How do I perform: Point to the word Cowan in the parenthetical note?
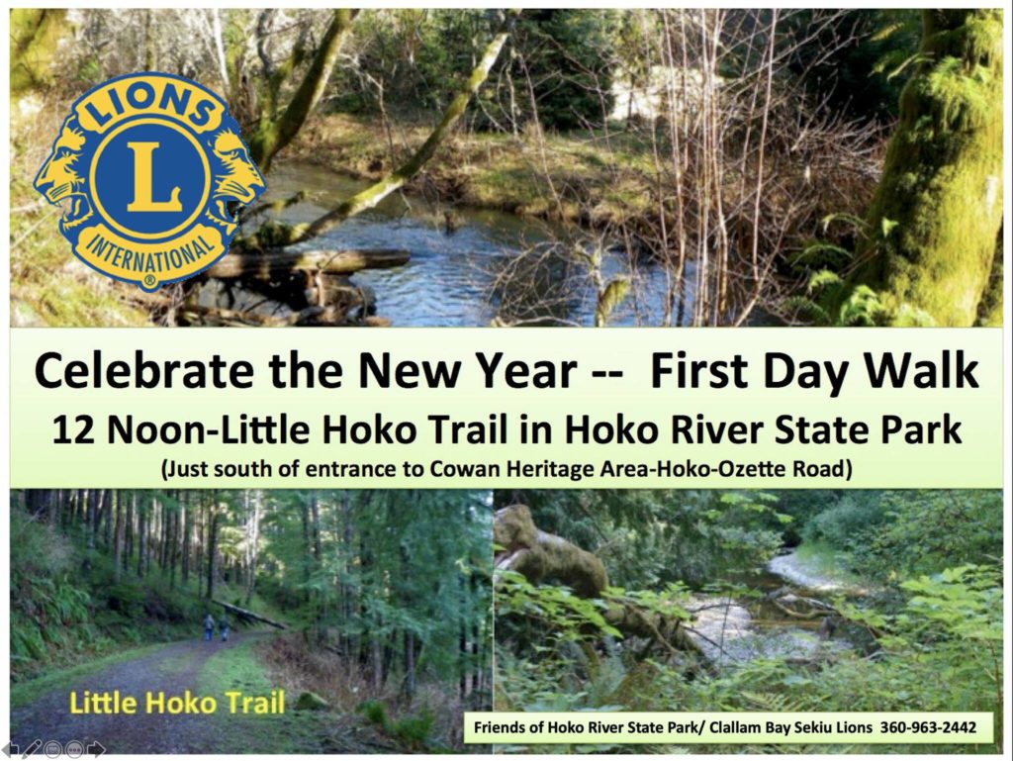[x=461, y=469]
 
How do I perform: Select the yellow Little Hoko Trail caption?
[x=177, y=704]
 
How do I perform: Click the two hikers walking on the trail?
[x=215, y=627]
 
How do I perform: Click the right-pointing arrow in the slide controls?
[x=97, y=749]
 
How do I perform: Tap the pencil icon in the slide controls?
[x=31, y=749]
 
